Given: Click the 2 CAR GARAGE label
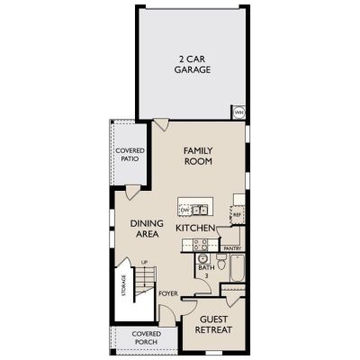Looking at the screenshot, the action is (x=193, y=64).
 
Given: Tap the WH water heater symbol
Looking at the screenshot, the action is (x=239, y=112).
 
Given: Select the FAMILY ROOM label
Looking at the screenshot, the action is (x=198, y=156).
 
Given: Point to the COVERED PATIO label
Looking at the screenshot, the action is (x=130, y=155).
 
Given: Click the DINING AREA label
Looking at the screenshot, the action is (x=147, y=229).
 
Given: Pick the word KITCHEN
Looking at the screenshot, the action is (x=195, y=228).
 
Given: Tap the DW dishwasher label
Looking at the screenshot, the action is (x=184, y=211).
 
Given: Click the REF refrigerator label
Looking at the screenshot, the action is (x=237, y=215).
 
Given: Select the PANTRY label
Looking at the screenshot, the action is (x=232, y=248).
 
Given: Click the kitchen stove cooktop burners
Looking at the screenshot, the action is (x=200, y=245).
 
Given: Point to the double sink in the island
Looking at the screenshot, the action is (x=200, y=210).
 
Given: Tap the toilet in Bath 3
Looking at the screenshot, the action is (x=221, y=261).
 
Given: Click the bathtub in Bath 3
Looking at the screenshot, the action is (x=238, y=268).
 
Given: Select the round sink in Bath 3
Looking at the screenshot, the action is (x=203, y=258).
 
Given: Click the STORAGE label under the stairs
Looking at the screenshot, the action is (x=124, y=285).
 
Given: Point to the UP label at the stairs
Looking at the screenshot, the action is (x=144, y=263).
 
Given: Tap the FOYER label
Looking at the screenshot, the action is (x=168, y=293).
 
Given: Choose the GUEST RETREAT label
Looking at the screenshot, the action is (x=213, y=325).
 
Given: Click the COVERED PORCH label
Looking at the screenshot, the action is (x=147, y=337).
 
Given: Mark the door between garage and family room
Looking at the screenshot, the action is (x=161, y=125).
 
